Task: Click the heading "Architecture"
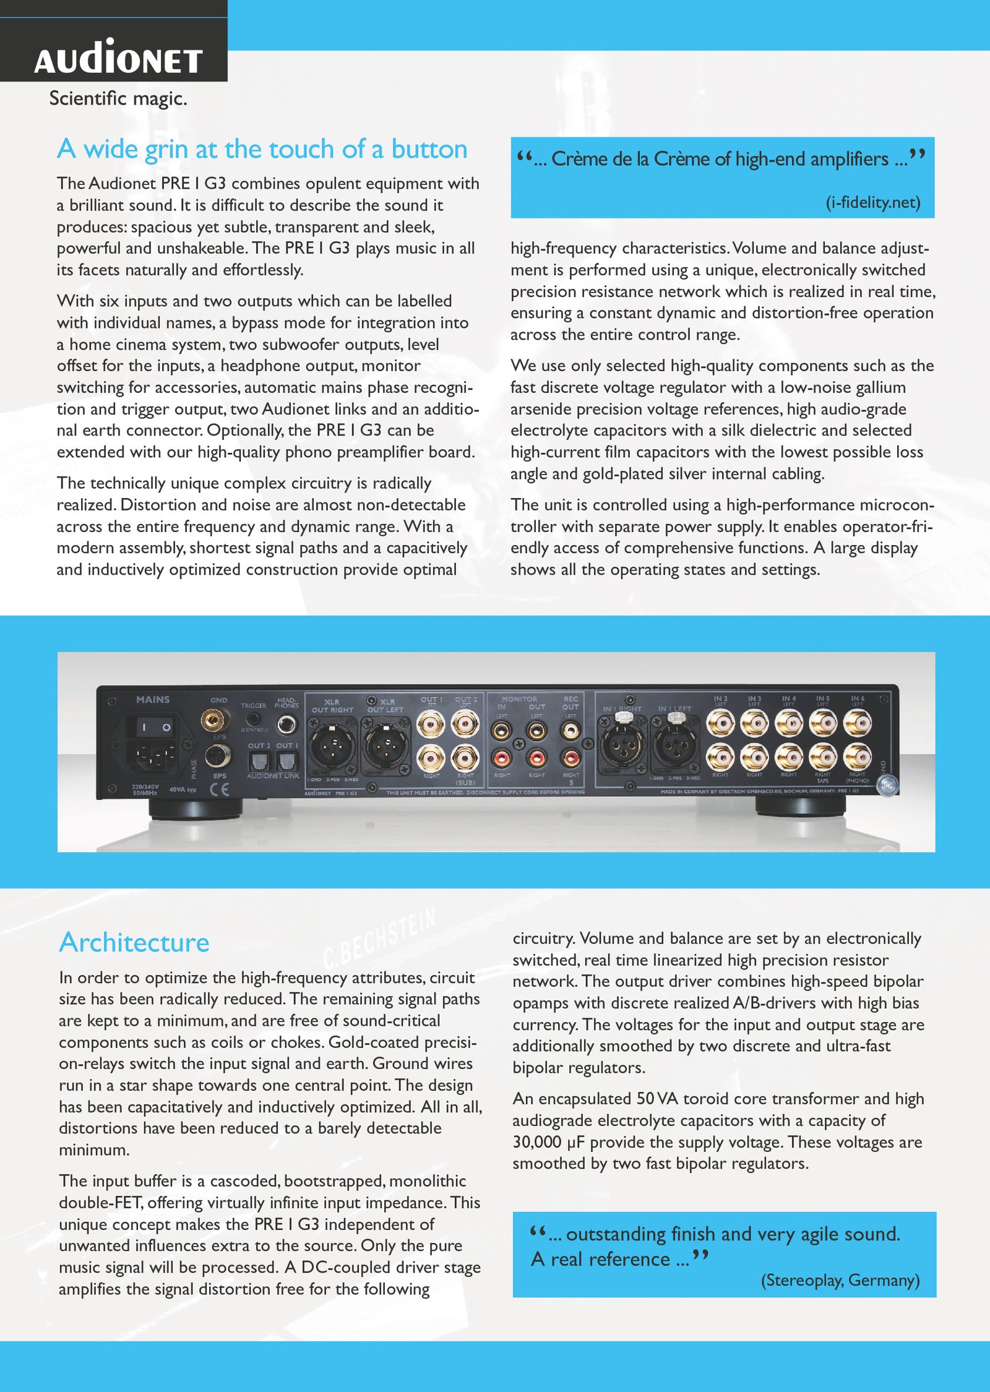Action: (x=134, y=942)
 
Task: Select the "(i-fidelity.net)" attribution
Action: (x=872, y=202)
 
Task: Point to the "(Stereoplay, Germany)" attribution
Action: (x=840, y=1279)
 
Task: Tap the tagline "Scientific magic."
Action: (x=118, y=98)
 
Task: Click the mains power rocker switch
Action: (x=154, y=727)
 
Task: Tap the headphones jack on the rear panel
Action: (x=286, y=724)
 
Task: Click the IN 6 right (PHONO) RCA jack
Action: (x=858, y=756)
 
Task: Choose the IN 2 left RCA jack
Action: (x=720, y=723)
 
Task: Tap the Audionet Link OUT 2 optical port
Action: (x=258, y=762)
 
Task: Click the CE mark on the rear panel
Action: (x=219, y=789)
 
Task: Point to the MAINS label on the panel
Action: (x=153, y=699)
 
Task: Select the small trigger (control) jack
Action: (x=252, y=719)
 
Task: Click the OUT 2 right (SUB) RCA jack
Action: (x=465, y=756)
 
